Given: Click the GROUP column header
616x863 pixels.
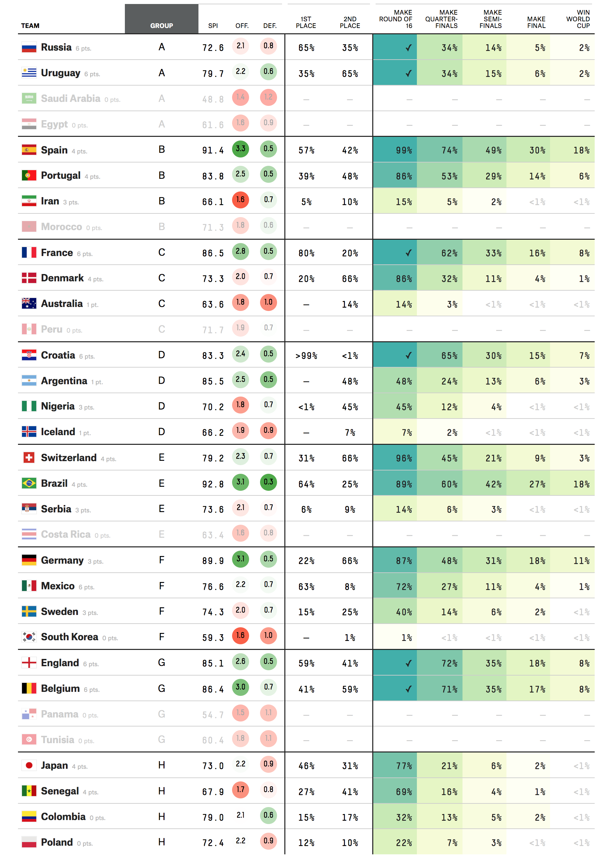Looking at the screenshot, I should tap(161, 25).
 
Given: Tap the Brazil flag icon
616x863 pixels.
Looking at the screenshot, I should tap(29, 483).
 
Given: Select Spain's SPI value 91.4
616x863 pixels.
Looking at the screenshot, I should tap(213, 150).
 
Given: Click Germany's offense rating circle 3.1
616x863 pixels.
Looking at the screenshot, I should tap(240, 559).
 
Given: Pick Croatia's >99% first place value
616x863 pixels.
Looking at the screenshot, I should tap(306, 356).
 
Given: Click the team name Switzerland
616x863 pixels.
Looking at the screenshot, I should tap(69, 458).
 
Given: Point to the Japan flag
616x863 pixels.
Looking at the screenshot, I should tap(29, 765).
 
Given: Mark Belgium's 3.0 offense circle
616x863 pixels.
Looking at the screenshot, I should tap(240, 687).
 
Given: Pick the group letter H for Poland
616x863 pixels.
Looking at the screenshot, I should tap(161, 842).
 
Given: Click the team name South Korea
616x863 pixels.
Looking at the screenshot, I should tap(69, 637).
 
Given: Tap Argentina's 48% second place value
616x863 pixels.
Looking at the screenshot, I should tap(350, 382).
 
